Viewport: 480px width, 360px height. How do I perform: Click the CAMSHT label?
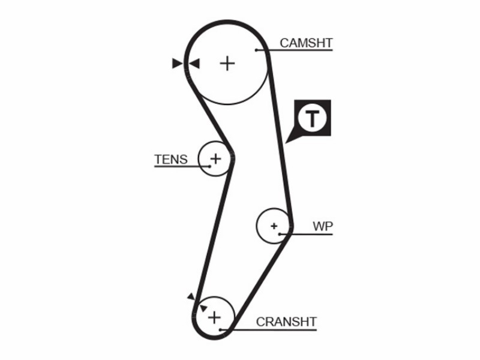click(x=306, y=43)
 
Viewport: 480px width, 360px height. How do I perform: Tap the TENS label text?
click(x=171, y=160)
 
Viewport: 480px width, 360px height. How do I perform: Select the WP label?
click(x=323, y=226)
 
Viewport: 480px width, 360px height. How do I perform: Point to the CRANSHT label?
click(x=286, y=322)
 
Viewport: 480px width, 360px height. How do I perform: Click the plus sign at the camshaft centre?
click(x=227, y=64)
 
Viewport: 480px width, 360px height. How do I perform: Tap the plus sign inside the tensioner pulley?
click(x=216, y=158)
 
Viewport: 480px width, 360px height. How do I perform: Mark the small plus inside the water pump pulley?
click(x=274, y=226)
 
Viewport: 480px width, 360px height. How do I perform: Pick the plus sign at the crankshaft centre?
click(x=214, y=317)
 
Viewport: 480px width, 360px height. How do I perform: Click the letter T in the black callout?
click(x=312, y=118)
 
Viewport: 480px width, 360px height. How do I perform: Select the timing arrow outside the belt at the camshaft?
click(x=177, y=64)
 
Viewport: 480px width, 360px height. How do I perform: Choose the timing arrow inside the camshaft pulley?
click(x=194, y=64)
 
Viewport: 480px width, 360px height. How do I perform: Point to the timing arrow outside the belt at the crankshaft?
click(x=191, y=296)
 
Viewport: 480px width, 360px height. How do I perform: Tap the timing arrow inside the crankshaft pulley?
click(x=203, y=308)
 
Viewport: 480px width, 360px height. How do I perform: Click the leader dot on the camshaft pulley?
click(x=257, y=50)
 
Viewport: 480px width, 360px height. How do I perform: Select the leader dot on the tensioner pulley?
click(x=209, y=166)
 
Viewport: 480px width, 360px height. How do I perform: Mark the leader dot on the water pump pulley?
click(x=280, y=234)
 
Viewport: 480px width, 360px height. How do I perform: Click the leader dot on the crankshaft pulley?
click(x=220, y=329)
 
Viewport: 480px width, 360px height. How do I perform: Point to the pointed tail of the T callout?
click(x=286, y=143)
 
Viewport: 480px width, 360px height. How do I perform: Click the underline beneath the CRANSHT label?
click(x=268, y=330)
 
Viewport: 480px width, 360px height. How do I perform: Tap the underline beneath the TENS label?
click(x=182, y=167)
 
